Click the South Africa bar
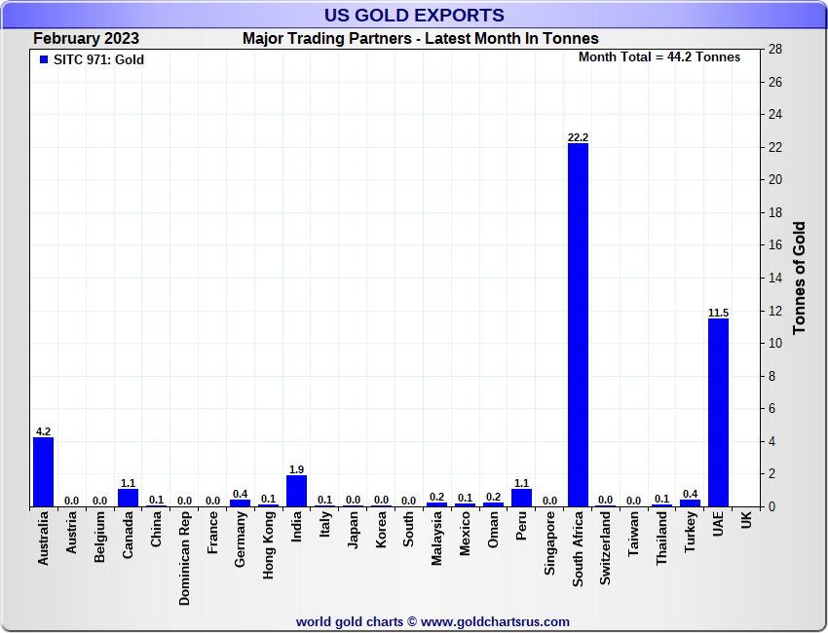click(578, 324)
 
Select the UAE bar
click(718, 412)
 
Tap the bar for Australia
click(43, 471)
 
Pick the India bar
click(296, 491)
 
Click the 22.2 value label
click(578, 137)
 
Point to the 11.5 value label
click(718, 313)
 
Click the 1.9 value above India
click(296, 468)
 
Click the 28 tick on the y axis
click(775, 49)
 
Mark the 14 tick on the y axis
click(775, 278)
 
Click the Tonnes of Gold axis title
click(800, 278)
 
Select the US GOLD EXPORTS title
click(414, 15)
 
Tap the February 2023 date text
click(86, 39)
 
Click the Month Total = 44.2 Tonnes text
click(659, 57)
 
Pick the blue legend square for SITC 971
click(43, 59)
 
